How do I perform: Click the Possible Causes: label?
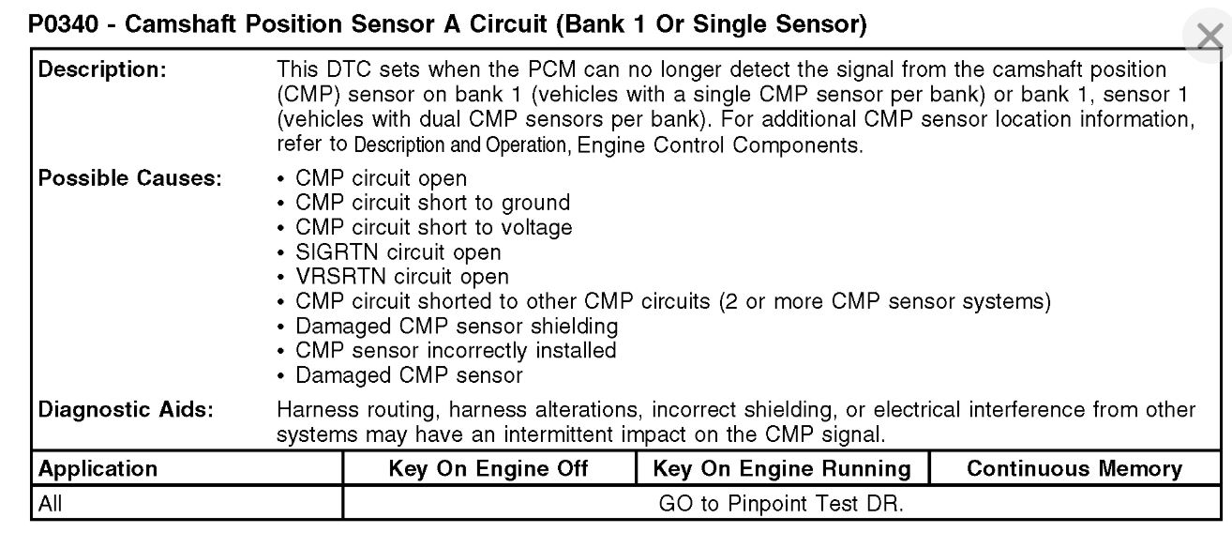pos(129,178)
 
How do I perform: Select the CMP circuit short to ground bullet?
pos(432,203)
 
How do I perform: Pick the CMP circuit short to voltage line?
pos(433,227)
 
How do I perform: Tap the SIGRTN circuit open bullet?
pos(398,251)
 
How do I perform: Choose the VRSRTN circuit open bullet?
pos(401,276)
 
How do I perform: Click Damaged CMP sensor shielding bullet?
pos(457,326)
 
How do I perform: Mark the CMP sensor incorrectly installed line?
pos(456,350)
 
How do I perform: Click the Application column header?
pos(98,468)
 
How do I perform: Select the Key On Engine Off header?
pos(488,468)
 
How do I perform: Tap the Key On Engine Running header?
pos(781,468)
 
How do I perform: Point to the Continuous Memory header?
pos(1074,468)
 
